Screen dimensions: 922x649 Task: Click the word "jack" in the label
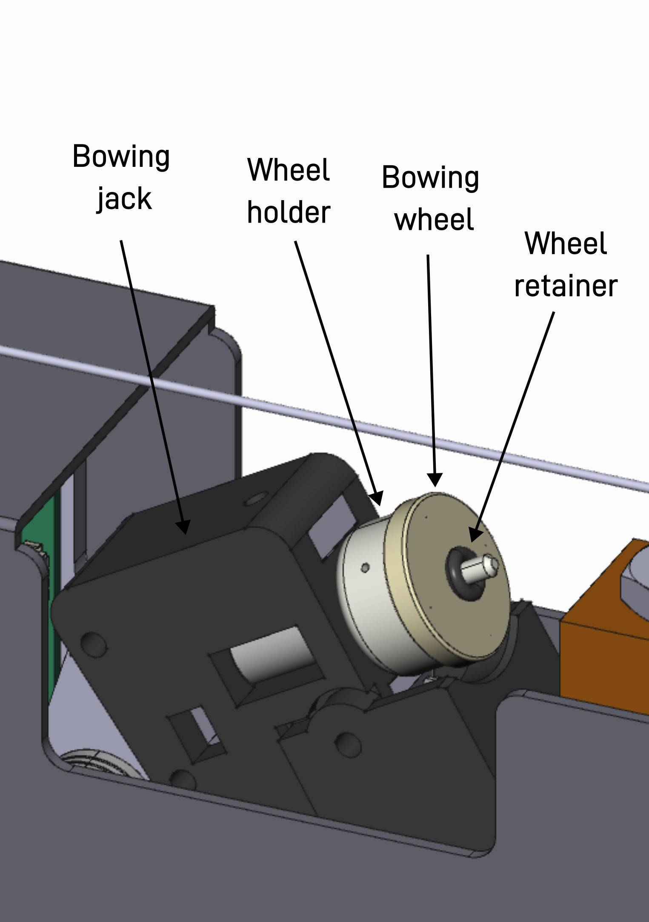pos(124,199)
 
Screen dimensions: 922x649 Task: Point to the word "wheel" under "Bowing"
pos(434,220)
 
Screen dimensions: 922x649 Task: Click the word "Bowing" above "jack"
pos(121,157)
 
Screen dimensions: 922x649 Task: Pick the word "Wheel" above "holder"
pos(289,170)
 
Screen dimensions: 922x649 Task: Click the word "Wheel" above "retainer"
pos(566,243)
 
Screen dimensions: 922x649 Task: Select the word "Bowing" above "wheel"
pos(430,178)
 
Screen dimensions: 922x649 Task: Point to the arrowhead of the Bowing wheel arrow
pos(435,481)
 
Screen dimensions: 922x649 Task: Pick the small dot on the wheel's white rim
pos(365,567)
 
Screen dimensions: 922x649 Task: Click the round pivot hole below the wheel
pos(348,744)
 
